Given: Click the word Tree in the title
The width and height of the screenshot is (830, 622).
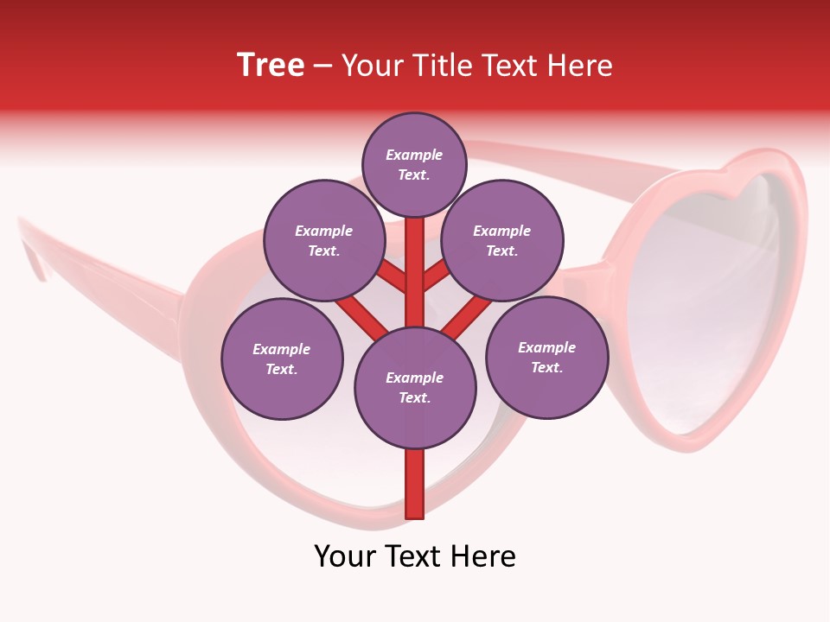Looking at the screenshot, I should click(271, 66).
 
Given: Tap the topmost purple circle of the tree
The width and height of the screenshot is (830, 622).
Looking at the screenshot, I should click(414, 164).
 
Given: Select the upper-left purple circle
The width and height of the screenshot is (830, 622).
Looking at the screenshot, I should click(324, 240).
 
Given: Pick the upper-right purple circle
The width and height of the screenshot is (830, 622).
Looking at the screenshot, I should click(502, 240).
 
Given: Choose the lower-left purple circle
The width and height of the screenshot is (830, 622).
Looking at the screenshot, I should click(282, 359).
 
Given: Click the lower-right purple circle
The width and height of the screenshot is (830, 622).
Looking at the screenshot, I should click(546, 357).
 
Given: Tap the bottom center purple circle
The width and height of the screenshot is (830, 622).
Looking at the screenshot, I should click(415, 387).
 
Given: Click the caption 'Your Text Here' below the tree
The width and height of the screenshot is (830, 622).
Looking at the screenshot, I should click(415, 556).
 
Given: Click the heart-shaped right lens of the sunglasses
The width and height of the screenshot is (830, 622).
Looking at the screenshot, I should click(709, 302).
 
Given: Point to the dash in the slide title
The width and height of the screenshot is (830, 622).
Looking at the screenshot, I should click(322, 67).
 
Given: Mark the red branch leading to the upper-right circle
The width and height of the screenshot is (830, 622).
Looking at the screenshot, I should click(437, 271).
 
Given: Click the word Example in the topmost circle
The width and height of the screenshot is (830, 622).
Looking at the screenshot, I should click(414, 155).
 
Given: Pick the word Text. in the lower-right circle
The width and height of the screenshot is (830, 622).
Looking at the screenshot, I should click(546, 367).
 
